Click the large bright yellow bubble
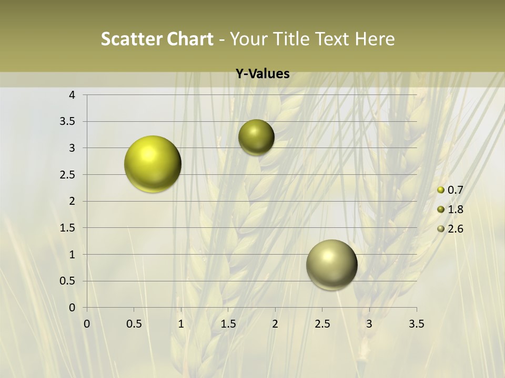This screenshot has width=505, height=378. pyautogui.click(x=153, y=164)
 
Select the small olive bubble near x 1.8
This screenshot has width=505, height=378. pyautogui.click(x=256, y=137)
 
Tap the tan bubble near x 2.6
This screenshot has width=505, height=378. pyautogui.click(x=331, y=265)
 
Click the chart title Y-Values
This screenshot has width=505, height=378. pyautogui.click(x=262, y=74)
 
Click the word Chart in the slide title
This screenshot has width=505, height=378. pyautogui.click(x=190, y=39)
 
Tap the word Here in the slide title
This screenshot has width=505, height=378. pyautogui.click(x=375, y=39)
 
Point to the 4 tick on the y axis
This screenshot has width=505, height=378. pyautogui.click(x=72, y=95)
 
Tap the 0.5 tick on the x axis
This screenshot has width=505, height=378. pyautogui.click(x=134, y=324)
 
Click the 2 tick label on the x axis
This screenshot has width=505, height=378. pyautogui.click(x=275, y=324)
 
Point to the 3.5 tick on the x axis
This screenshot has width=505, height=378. pyautogui.click(x=416, y=324)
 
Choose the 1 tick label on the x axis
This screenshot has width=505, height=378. pyautogui.click(x=181, y=324)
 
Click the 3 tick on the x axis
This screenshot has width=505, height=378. pyautogui.click(x=369, y=324)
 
